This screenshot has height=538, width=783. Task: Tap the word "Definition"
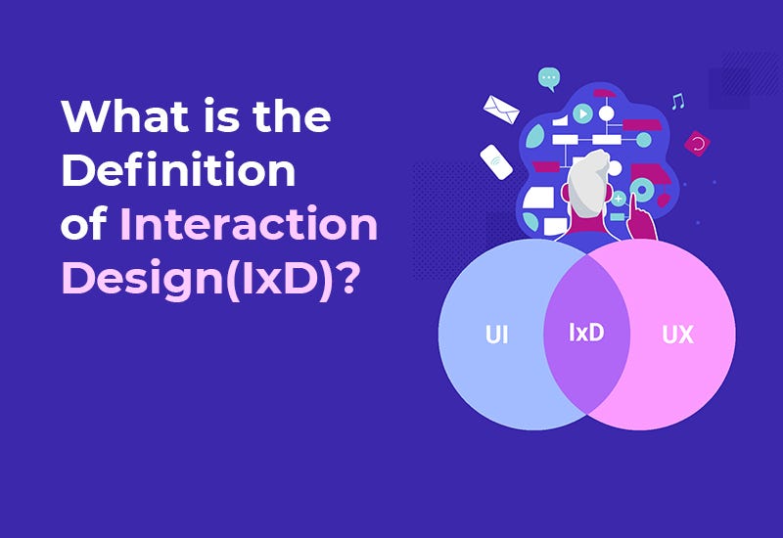point(178,169)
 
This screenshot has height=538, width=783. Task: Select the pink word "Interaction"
point(249,223)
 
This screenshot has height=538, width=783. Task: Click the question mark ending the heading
point(346,277)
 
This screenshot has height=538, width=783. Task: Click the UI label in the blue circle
point(497,335)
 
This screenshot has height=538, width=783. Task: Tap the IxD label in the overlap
point(586,333)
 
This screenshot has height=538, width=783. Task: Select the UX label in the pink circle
point(677,335)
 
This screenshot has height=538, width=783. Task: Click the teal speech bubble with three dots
point(549,79)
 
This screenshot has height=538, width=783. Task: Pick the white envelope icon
point(501,110)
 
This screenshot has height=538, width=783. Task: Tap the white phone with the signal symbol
point(496,161)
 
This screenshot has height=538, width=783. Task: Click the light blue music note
point(677,102)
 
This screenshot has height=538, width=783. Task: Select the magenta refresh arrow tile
point(697,144)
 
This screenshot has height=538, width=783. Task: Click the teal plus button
point(619,199)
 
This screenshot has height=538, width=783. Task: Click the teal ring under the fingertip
point(642,189)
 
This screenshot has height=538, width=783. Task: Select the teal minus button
point(618,216)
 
